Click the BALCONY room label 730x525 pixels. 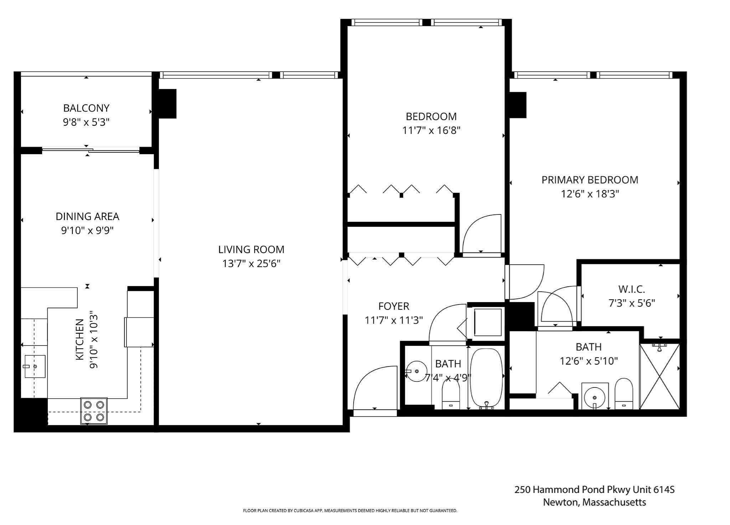point(86,108)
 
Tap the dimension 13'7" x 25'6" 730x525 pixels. point(251,264)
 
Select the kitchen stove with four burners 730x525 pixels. point(94,411)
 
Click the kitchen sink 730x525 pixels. point(35,366)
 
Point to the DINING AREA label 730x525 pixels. point(87,216)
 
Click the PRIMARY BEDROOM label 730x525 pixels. point(590,180)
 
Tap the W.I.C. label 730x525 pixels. point(632,289)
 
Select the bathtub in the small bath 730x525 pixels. point(486,378)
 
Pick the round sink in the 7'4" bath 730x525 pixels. point(417,371)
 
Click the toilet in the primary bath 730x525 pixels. point(624,394)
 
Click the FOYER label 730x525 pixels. point(394,306)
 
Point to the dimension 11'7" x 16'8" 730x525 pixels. point(431,130)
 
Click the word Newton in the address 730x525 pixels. point(560,502)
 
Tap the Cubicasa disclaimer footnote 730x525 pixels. point(350,510)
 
